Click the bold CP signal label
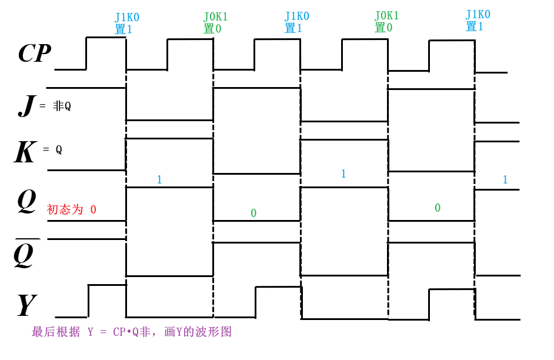click(x=35, y=54)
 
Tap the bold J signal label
click(x=25, y=105)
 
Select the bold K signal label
click(x=25, y=152)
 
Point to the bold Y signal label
click(x=26, y=305)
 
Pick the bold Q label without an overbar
click(x=26, y=201)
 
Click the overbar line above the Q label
click(x=27, y=239)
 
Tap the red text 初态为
click(x=65, y=209)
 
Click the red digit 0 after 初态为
click(x=93, y=209)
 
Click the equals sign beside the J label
click(x=42, y=106)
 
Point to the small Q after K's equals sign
click(x=59, y=149)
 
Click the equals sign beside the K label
click(x=46, y=149)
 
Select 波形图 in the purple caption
click(x=217, y=332)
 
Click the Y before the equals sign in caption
click(x=91, y=332)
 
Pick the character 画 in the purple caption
click(x=170, y=332)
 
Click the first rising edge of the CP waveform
click(x=86, y=54)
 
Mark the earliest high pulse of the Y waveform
click(x=107, y=285)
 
